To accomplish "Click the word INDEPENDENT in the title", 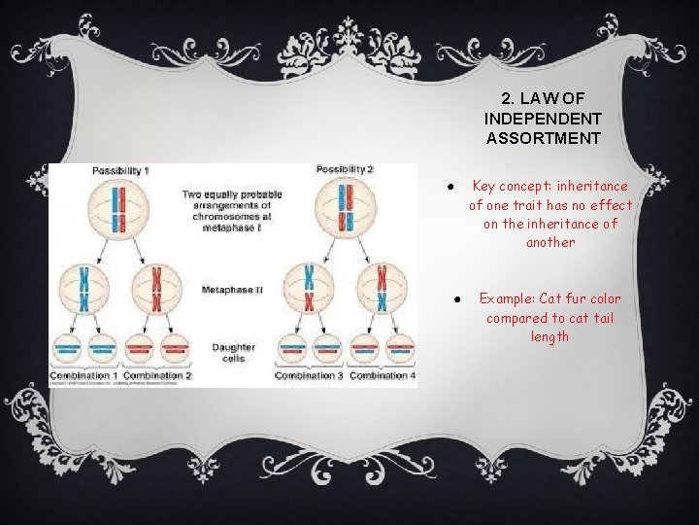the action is pyautogui.click(x=543, y=118).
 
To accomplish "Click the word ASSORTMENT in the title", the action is pyautogui.click(x=543, y=138).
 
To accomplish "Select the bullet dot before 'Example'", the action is pyautogui.click(x=454, y=298).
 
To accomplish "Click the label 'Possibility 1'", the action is pyautogui.click(x=120, y=171).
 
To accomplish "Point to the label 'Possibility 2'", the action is pyautogui.click(x=345, y=171).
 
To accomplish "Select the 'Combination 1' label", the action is pyautogui.click(x=84, y=375).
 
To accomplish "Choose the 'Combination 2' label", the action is pyautogui.click(x=157, y=375).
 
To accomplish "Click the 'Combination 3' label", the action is pyautogui.click(x=309, y=375).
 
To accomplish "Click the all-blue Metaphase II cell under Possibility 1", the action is pyautogui.click(x=84, y=290).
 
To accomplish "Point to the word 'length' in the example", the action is pyautogui.click(x=549, y=336).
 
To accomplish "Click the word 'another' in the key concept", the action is pyautogui.click(x=550, y=242).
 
